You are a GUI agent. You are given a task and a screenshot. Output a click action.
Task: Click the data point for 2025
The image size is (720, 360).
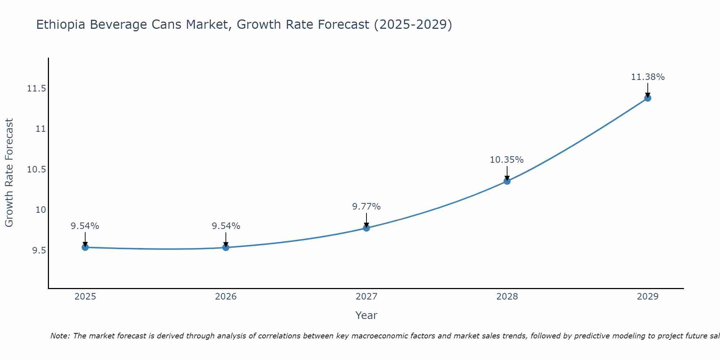pos(85,247)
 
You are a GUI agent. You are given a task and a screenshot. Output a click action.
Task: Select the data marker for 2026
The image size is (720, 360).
pos(226,247)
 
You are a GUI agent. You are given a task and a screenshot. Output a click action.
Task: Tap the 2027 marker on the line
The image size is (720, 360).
pos(366,228)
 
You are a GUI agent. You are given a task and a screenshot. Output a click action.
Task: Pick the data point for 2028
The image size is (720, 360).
pos(507,181)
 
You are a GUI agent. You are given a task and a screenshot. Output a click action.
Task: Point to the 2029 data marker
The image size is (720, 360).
pos(648,98)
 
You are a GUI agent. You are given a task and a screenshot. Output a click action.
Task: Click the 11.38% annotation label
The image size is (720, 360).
pos(648,77)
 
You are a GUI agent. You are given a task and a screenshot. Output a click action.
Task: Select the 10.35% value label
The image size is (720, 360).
pos(507,160)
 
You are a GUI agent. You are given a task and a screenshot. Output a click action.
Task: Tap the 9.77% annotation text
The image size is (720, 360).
pos(366,207)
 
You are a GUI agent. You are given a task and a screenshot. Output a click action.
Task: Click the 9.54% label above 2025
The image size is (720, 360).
pos(85,226)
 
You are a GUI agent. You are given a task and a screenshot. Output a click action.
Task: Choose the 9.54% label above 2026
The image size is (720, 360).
pos(226,226)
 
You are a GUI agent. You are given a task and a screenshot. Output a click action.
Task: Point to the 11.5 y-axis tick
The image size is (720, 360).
pos(36,89)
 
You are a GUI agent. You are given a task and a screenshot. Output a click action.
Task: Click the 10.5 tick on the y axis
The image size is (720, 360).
pos(36,170)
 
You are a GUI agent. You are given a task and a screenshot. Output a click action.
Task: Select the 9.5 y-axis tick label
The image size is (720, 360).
pos(39,251)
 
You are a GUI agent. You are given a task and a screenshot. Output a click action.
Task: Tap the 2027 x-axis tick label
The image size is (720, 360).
pos(366,297)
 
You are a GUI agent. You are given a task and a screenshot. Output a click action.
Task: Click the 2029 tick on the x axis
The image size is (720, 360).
pos(648,297)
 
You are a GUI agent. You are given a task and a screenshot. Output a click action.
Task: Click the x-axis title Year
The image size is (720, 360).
pos(366,315)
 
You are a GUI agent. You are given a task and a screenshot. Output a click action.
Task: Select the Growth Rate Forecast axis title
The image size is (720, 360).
pos(9,172)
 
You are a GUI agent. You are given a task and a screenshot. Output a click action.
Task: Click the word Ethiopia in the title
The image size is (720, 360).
pos(61,25)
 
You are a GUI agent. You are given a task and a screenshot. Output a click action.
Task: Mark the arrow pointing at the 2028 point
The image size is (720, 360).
pos(507,174)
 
